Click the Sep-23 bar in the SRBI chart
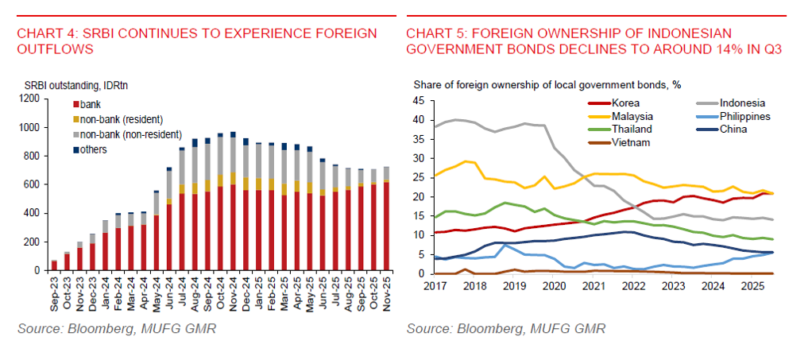pos(54,265)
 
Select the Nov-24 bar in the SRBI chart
pos(233,202)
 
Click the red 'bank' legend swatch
pos(75,104)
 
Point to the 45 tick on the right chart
pos(420,101)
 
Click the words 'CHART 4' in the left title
pos(45,33)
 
